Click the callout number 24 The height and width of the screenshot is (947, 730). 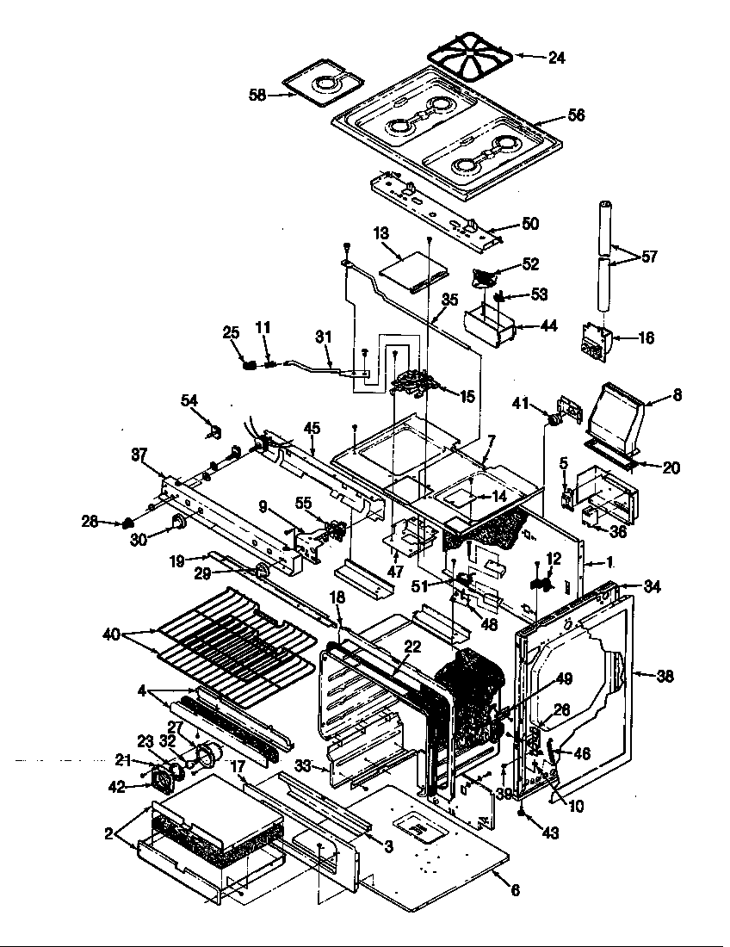point(556,58)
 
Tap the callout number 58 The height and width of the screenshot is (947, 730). point(257,95)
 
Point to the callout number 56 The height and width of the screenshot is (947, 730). point(576,115)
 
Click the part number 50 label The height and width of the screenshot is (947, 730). point(529,224)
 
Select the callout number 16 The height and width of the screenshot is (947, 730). point(645,337)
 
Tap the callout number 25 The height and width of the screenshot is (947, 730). point(230,332)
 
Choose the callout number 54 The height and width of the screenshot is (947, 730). point(189,399)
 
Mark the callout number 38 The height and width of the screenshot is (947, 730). point(665,676)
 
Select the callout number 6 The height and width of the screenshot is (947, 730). point(515,891)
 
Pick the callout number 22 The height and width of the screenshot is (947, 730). point(412,648)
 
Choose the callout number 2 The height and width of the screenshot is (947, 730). point(108,832)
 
